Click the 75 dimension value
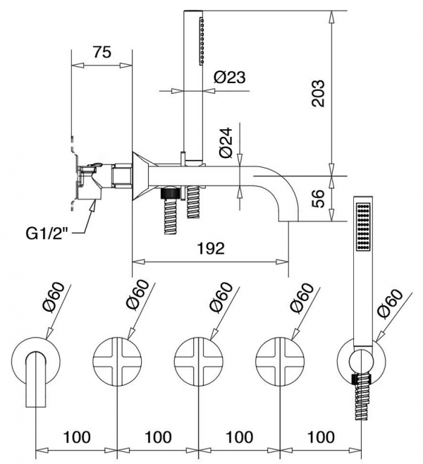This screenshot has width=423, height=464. tap(102, 54)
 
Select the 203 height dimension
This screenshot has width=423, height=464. tap(319, 92)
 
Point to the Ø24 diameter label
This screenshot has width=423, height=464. tap(226, 143)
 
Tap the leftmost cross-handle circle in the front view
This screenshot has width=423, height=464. tap(116, 361)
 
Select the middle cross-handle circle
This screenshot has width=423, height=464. tap(198, 361)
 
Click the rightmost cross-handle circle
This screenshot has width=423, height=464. tap(279, 361)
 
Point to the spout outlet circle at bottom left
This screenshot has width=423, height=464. tap(35, 361)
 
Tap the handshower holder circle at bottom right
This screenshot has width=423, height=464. tap(360, 361)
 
